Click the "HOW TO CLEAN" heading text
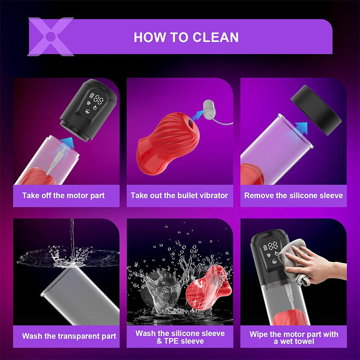point(186,37)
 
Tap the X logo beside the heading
point(51,36)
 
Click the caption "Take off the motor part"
point(63,196)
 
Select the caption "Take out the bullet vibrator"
point(179,196)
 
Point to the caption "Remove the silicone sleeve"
point(294,196)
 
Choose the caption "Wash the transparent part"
point(69,336)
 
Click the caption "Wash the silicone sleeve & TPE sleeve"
point(180,337)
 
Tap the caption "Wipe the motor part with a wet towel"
point(294,337)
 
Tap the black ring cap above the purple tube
point(316,110)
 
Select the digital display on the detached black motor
point(95,103)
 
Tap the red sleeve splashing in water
point(208,288)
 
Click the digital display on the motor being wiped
point(271,252)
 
